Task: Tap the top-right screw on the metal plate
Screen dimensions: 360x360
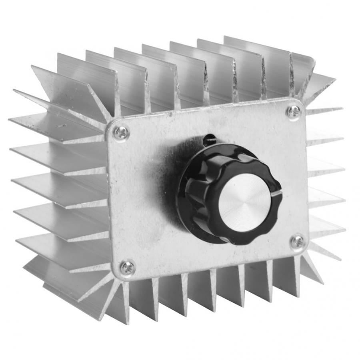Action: [x=294, y=112]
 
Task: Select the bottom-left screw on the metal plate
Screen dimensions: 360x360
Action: [x=128, y=268]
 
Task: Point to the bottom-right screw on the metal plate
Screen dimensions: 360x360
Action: [x=298, y=242]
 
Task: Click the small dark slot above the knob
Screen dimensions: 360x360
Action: [x=209, y=140]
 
